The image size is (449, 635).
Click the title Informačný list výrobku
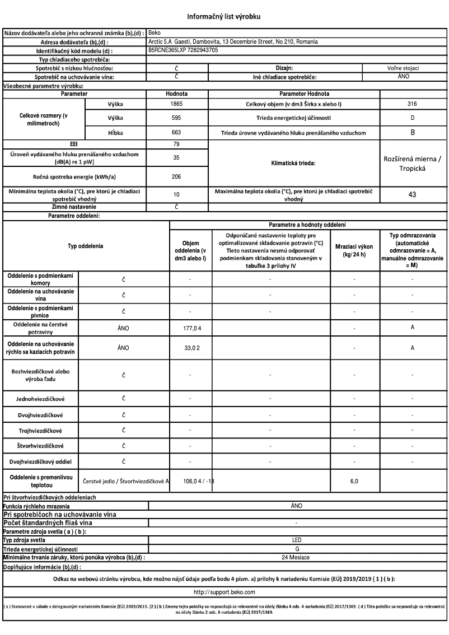pos(225,16)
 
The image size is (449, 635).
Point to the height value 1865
pos(176,104)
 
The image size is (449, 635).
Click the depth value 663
pos(176,133)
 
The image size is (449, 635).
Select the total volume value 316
pos(412,104)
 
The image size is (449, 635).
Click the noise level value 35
pos(176,158)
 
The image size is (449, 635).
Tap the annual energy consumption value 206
pos(176,176)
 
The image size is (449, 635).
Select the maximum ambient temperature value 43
pos(412,196)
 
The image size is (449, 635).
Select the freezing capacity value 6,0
pos(355,481)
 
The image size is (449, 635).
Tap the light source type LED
pos(297,539)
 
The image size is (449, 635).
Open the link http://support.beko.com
pos(225,591)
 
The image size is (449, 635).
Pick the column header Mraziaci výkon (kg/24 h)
pos(355,250)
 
